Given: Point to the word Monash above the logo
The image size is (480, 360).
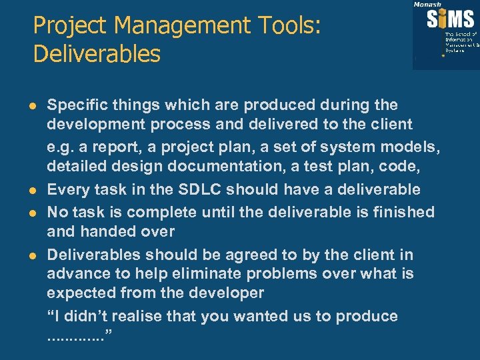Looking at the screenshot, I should [x=427, y=4].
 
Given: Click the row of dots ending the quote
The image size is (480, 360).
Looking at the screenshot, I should [x=74, y=337].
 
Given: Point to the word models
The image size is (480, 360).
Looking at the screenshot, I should [x=416, y=147].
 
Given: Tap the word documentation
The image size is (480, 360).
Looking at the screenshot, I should [x=197, y=168].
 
